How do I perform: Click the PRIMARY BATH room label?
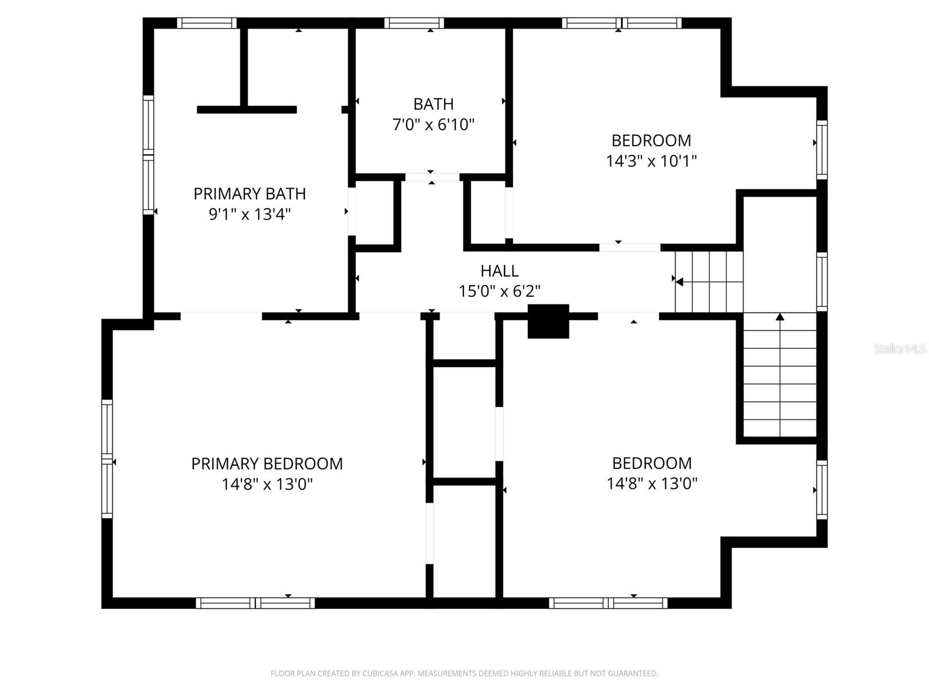pos(249,193)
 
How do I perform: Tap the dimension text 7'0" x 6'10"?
pos(433,124)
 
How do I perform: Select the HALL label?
pos(499,271)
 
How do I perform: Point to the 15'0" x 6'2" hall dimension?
pos(499,291)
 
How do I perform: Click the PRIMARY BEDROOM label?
pos(267,464)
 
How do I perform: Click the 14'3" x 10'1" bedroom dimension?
pos(651,161)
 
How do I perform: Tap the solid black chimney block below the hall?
pos(548,321)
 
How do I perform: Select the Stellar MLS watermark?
pos(899,348)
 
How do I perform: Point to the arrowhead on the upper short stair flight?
pos(678,282)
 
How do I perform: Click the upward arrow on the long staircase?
pos(780,317)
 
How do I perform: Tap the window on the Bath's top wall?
pos(413,23)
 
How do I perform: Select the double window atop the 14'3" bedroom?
pos(621,23)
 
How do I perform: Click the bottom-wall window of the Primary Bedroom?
pos(255,603)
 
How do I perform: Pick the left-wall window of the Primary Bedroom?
pos(107,459)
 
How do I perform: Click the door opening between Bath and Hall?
pos(431,177)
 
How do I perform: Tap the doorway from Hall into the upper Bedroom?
pos(629,247)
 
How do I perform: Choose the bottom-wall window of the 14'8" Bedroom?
pos(608,603)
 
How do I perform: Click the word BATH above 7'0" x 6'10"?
pos(433,104)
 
